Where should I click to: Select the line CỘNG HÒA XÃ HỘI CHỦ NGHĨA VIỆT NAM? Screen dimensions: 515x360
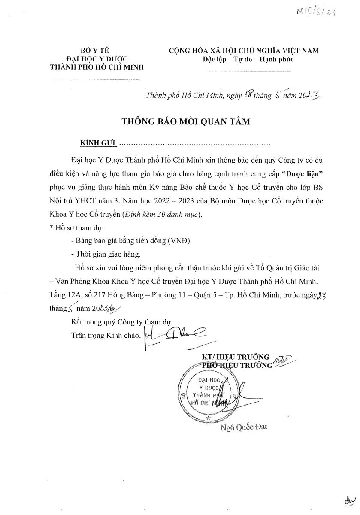244,51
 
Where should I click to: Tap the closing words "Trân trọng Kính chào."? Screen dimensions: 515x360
106,336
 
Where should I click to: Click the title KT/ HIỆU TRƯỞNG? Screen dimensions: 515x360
236,357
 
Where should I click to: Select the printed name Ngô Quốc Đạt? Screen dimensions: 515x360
243,428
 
